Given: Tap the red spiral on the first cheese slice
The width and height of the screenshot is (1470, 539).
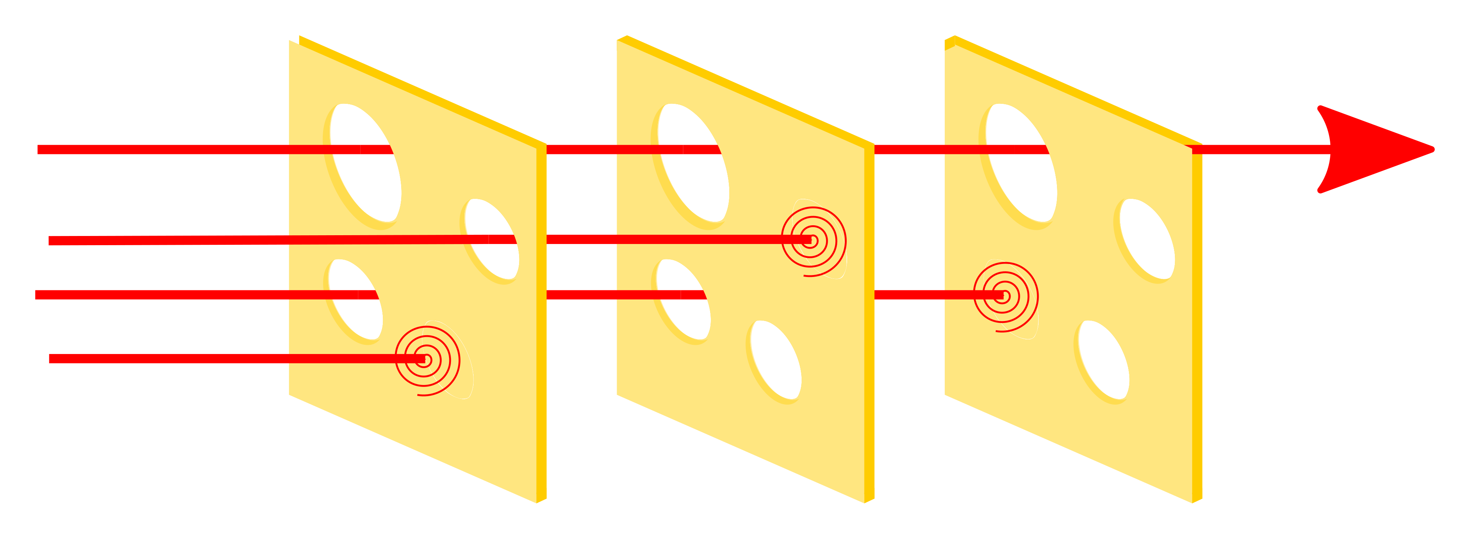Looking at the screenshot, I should coord(425,360).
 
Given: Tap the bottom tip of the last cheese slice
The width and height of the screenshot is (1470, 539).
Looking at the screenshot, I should coord(1193,501).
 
